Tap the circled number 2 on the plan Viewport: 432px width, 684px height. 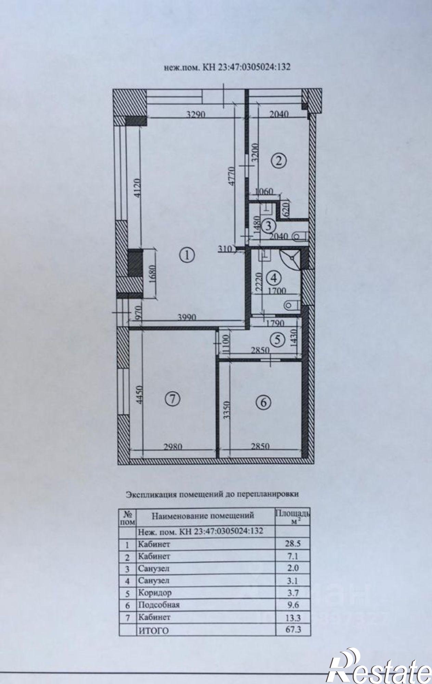(278, 161)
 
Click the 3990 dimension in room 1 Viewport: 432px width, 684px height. (186, 317)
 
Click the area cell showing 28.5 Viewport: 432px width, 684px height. (293, 543)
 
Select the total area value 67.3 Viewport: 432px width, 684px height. (293, 629)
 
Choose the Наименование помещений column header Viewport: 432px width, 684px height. (203, 515)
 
